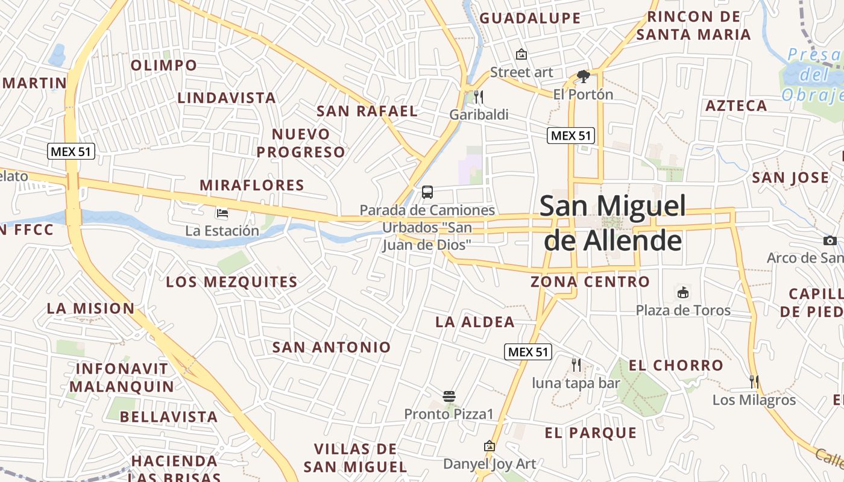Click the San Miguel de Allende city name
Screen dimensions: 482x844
[613, 223]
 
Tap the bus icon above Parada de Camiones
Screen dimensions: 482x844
[427, 192]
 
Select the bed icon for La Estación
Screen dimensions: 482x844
[222, 213]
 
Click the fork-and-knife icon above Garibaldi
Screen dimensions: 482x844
[479, 96]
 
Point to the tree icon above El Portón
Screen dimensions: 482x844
[583, 77]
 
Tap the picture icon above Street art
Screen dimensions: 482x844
[521, 55]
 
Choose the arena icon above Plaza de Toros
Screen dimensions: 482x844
[683, 293]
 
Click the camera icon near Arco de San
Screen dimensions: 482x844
[830, 241]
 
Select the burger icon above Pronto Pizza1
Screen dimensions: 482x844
[449, 396]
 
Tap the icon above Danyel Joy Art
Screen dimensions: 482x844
[490, 446]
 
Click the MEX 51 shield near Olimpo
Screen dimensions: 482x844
[71, 151]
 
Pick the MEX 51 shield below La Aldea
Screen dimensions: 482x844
[528, 352]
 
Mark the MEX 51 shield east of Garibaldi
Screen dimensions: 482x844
[571, 136]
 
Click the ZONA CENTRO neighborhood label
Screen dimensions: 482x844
[590, 281]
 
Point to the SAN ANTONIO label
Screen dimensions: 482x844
[332, 347]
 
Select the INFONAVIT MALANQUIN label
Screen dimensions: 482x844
[125, 378]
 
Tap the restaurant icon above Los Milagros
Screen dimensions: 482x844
[754, 381]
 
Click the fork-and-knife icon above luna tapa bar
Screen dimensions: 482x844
[576, 365]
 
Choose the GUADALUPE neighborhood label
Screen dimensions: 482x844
[530, 18]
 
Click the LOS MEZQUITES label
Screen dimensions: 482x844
[231, 282]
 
